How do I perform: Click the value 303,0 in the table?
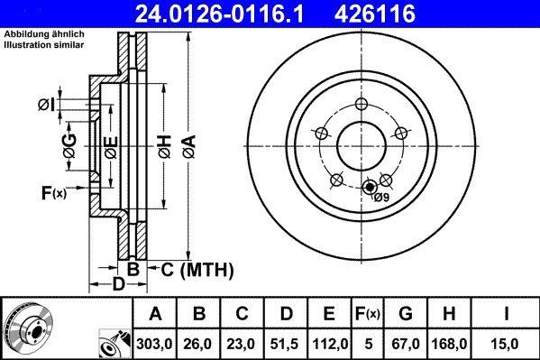156,343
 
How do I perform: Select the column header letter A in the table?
156,315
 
